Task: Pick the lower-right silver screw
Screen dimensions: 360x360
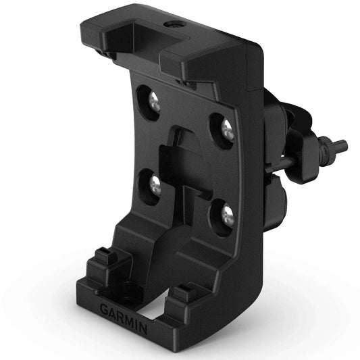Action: pyautogui.click(x=228, y=215)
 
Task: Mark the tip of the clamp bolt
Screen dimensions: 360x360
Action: pyautogui.click(x=342, y=144)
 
